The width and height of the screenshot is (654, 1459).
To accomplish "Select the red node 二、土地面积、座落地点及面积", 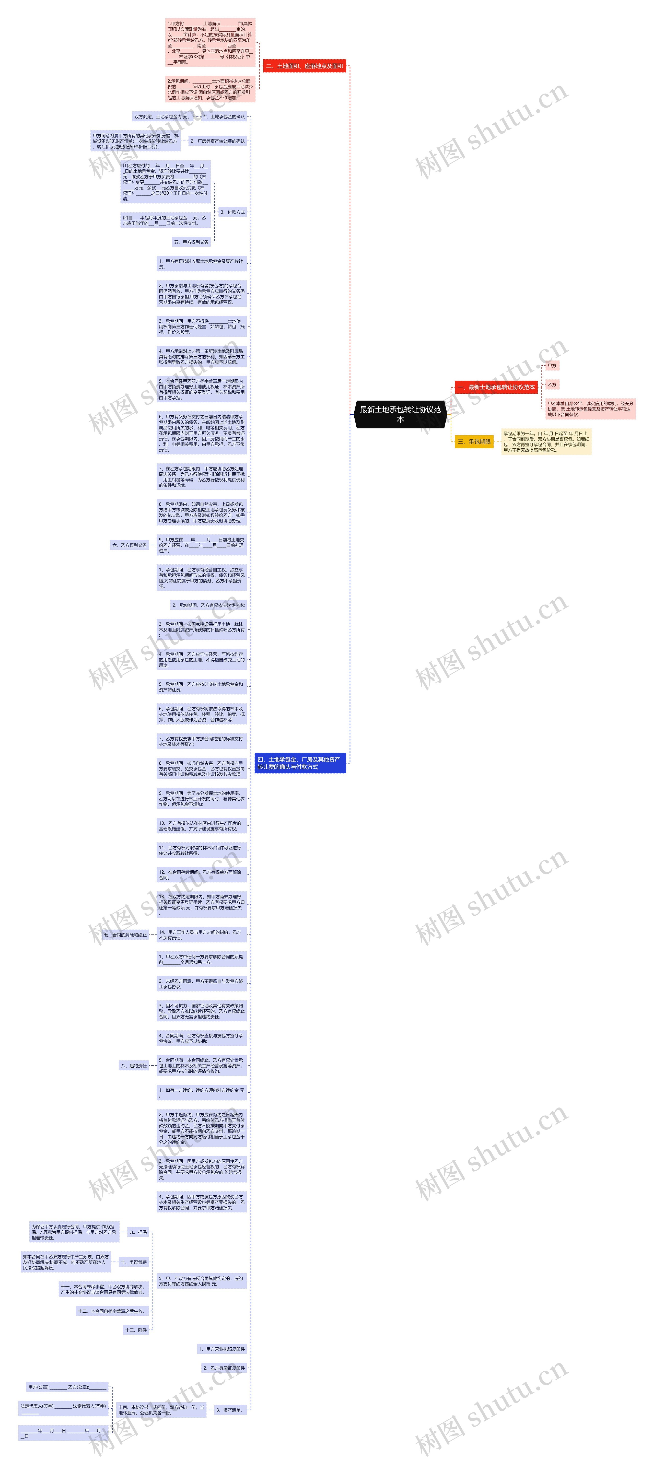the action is tap(305, 66).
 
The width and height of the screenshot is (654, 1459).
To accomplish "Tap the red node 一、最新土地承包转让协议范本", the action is tap(496, 387).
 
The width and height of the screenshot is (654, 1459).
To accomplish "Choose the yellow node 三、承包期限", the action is tap(474, 442).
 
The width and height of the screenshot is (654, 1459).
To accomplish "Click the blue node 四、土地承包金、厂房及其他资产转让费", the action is tap(300, 763).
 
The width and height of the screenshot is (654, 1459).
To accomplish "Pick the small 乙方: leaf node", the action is tap(552, 384).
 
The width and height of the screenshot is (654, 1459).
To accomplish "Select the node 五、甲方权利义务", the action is tap(191, 242).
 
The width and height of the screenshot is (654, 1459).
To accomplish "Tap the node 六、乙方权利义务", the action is tap(130, 545).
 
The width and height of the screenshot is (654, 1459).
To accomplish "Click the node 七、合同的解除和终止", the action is tap(125, 935).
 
